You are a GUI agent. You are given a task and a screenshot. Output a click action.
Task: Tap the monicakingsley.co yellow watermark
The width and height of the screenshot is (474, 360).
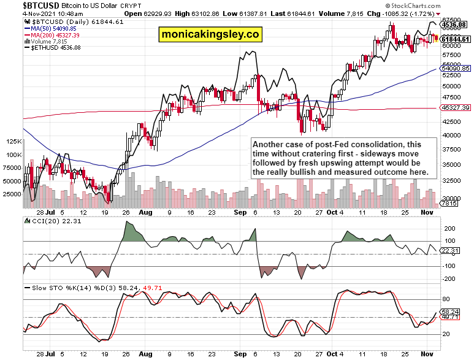tap(209, 34)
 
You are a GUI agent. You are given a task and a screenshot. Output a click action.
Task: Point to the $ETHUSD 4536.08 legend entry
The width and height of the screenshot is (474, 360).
tap(57, 47)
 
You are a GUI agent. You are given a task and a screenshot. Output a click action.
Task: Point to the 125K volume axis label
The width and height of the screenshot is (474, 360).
tap(13, 141)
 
